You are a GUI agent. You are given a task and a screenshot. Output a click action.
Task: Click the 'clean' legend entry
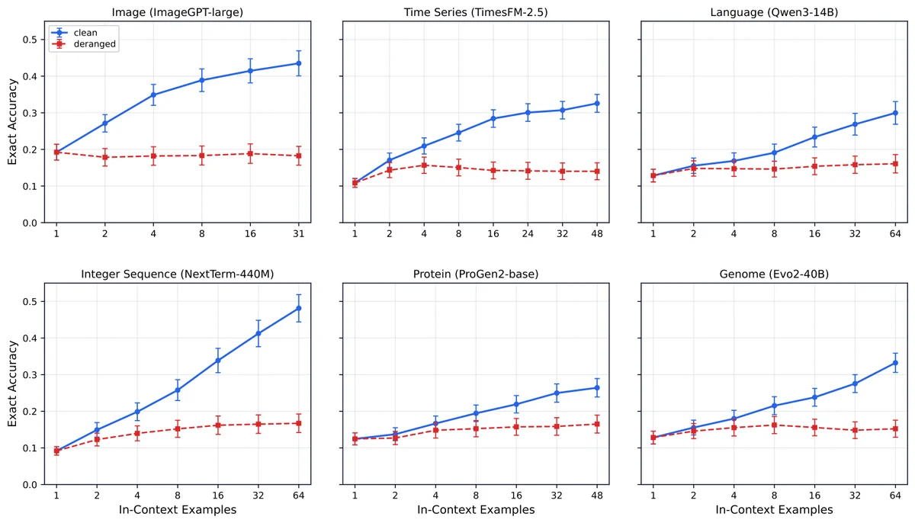coord(85,33)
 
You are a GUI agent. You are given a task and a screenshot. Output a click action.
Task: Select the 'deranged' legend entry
coord(95,44)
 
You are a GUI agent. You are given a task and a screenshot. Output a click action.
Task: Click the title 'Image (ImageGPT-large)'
coord(177,12)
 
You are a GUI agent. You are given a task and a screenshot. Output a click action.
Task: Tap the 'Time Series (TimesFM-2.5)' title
coord(476,12)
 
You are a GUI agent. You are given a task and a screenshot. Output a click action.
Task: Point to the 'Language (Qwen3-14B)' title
coord(774,12)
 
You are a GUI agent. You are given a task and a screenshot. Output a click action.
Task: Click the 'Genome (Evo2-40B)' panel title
coord(774,274)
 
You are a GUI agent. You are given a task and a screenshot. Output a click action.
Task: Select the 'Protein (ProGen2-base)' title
coord(476,274)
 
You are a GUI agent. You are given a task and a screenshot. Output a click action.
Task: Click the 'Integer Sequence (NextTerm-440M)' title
coord(177,274)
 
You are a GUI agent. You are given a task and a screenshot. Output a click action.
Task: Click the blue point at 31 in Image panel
coord(299,63)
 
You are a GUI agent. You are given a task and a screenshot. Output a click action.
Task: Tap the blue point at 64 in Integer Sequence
coord(299,308)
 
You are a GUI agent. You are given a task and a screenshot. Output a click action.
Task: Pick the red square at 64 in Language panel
coord(895,164)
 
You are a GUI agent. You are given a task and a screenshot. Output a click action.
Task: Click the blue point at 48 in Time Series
coord(597,104)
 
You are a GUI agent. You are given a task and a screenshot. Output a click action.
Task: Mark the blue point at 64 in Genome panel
coord(895,363)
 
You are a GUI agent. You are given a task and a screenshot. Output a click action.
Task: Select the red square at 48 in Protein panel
coord(597,424)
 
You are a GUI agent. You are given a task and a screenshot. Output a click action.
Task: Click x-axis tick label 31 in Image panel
coord(299,234)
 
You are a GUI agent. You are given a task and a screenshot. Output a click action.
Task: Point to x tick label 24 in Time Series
coord(528,234)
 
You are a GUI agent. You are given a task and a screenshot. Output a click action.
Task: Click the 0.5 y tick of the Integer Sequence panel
coord(29,302)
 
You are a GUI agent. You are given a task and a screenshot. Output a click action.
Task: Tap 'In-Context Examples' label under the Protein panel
coord(476,510)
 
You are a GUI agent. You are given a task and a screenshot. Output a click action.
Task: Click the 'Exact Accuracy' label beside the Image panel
coord(12,122)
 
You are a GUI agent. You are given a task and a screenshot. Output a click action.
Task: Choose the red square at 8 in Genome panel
coord(774,425)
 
